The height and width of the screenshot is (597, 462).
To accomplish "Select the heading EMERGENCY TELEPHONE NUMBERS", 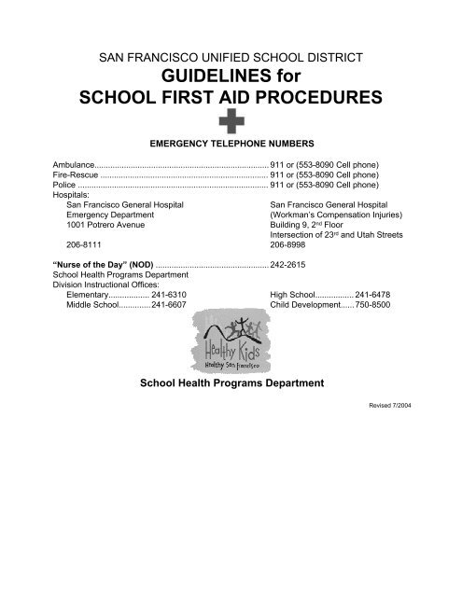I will point(231,145).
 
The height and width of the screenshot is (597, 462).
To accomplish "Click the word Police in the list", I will point(64,185).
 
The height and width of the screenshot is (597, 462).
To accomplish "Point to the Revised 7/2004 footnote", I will point(385,435).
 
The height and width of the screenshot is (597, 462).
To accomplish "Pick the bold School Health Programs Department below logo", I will point(231,408).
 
